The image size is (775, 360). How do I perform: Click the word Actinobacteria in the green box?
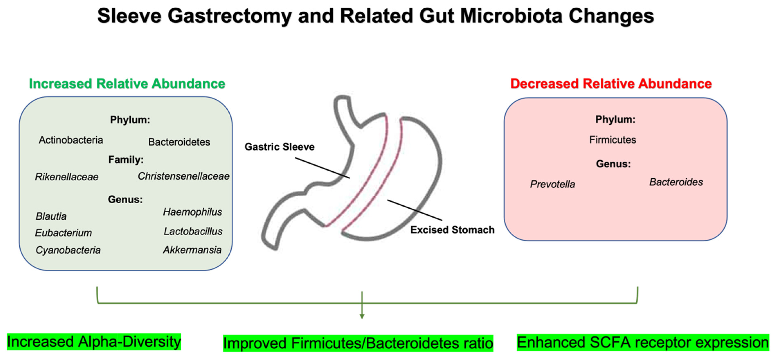pos(71,140)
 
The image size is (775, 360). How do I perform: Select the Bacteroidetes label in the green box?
pos(179,142)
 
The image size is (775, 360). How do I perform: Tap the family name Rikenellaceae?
pos(67,177)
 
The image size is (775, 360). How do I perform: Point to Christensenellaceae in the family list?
pos(183,176)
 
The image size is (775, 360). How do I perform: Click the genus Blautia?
pos(51,216)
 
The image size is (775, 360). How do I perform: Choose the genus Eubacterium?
pos(63,233)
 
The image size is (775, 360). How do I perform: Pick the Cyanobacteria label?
pos(68,250)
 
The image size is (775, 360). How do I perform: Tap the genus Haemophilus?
pos(193,212)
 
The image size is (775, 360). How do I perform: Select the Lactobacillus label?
pos(193,231)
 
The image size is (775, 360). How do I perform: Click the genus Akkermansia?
pos(192,250)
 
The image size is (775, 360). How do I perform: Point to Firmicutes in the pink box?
pos(613,140)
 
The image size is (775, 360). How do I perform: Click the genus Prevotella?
pos(552,184)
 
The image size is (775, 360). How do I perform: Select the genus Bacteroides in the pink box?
pos(676,182)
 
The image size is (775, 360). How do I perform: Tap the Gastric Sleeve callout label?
pos(280,147)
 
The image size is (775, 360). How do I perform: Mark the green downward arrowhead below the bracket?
pos(362,316)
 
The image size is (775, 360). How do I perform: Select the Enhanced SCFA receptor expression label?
pos(643,342)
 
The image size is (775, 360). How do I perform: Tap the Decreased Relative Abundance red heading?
pos(611,84)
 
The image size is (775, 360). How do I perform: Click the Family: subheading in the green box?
pos(126,160)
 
